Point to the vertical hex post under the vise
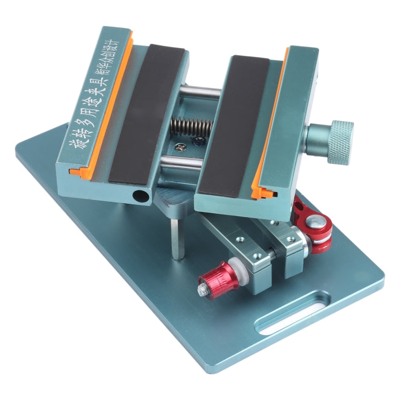(x=179, y=235)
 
